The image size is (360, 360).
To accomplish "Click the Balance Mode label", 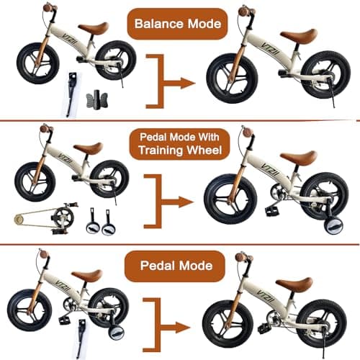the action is click(x=177, y=24).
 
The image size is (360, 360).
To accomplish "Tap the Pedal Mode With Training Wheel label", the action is click(x=179, y=144).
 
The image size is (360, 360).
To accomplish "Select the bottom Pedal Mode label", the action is click(x=176, y=266).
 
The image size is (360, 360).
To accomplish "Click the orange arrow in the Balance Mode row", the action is click(x=171, y=81).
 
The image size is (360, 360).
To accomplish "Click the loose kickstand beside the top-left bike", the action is click(x=71, y=94).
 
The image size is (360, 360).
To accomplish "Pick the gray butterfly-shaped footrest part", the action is click(x=96, y=100).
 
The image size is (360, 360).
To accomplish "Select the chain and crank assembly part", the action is click(x=45, y=218).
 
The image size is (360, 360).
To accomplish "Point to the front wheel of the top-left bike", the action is click(x=38, y=63).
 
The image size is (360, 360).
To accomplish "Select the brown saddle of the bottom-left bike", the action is click(x=87, y=275).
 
